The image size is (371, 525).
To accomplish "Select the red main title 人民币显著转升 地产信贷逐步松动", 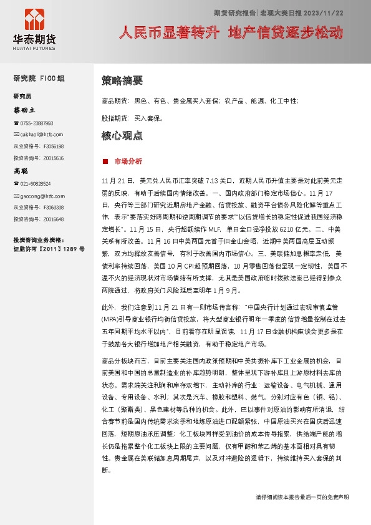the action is [x=231, y=33].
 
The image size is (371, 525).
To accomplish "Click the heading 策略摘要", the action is [x=122, y=80].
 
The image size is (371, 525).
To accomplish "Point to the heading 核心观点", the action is [x=122, y=135].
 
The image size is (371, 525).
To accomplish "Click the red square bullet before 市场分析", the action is [x=105, y=161].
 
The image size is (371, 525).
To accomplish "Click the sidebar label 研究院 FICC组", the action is [x=39, y=78].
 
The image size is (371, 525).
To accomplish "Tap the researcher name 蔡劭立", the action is [x=25, y=110].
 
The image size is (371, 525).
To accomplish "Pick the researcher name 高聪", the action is [x=21, y=170].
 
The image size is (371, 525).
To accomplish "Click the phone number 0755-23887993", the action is [x=36, y=123].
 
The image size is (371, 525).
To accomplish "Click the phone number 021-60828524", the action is [x=36, y=184].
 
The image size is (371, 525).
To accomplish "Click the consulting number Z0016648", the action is [x=54, y=219].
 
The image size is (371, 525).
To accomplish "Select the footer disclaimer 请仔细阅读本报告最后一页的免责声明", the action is [x=302, y=497].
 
